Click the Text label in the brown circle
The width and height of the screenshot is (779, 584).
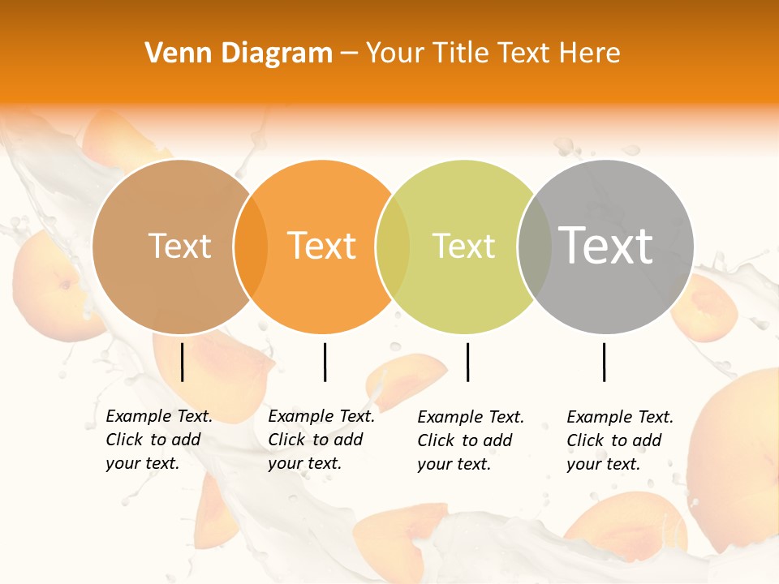[179, 246]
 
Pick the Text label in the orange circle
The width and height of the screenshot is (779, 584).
[322, 246]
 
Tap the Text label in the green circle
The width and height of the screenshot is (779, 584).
[464, 246]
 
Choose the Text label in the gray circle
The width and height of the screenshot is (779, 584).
[606, 246]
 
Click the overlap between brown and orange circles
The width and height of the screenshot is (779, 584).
[251, 246]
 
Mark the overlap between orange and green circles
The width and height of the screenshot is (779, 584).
[394, 246]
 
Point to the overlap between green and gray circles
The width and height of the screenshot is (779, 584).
[535, 246]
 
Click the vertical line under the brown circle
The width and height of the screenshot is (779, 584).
[182, 362]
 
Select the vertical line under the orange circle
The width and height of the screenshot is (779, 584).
[325, 362]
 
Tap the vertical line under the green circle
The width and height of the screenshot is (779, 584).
[467, 362]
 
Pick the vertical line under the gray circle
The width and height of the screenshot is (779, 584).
[604, 362]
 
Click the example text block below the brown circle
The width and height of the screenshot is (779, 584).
[158, 440]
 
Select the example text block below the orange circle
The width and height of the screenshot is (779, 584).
[321, 440]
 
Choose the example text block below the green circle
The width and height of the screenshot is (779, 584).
[470, 440]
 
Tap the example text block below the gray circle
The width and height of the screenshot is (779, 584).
[619, 440]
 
